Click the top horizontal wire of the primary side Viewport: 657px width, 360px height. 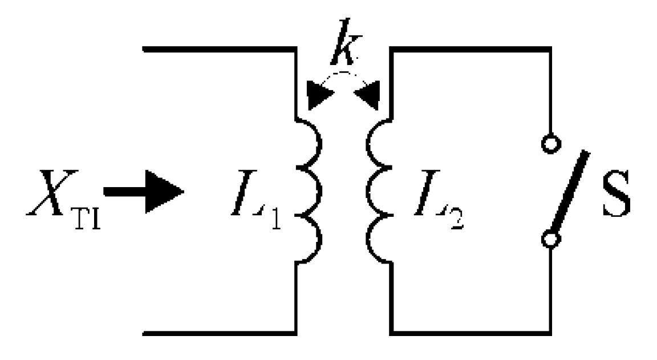220,50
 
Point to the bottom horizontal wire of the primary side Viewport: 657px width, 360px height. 220,331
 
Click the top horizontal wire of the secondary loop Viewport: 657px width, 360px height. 471,50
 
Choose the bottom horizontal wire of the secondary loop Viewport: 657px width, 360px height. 471,331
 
